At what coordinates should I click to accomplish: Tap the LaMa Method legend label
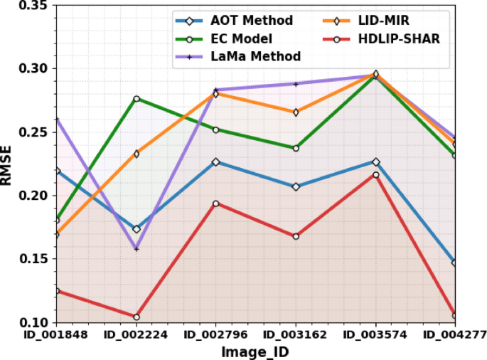coord(255,56)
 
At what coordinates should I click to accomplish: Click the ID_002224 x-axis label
coord(137,334)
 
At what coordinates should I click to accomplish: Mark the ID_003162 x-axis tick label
coord(296,334)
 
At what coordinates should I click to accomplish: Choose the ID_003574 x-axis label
coord(375,334)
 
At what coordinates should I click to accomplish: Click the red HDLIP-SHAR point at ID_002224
coord(137,317)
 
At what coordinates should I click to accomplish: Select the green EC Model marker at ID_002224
coord(137,98)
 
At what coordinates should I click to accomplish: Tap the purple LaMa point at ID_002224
coord(137,249)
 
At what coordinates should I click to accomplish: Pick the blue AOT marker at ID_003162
coord(296,186)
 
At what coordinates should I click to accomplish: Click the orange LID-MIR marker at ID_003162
coord(296,112)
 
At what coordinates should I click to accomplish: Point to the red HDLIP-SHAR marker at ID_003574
coord(376,174)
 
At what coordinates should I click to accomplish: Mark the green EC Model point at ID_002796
coord(216,129)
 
